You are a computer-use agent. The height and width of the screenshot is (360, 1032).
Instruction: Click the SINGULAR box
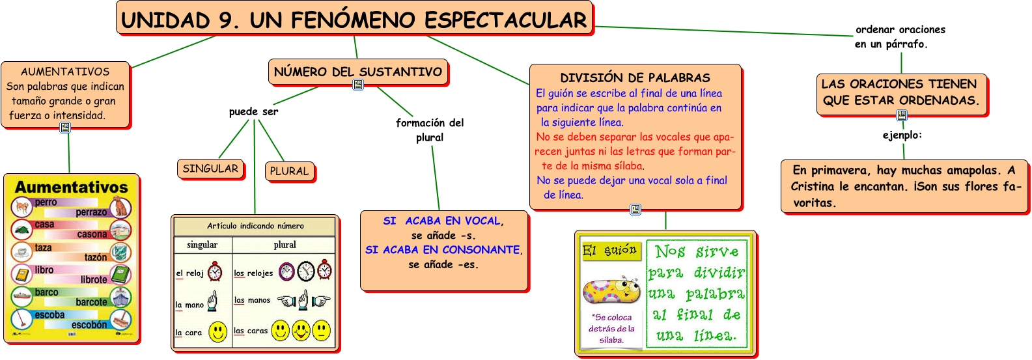(x=210, y=169)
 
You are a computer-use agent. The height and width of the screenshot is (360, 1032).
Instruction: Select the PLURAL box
(x=289, y=171)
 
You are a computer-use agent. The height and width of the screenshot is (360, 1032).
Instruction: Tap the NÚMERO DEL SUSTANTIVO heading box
(x=358, y=72)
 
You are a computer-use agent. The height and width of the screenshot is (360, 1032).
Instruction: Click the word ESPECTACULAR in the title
(x=505, y=20)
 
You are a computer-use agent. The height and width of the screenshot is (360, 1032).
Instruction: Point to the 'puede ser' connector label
(x=253, y=112)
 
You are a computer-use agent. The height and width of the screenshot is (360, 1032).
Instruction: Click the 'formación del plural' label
(x=430, y=130)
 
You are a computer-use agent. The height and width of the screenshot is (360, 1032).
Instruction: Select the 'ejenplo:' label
(x=902, y=135)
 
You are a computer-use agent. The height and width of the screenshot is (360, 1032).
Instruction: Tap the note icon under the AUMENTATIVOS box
(x=65, y=128)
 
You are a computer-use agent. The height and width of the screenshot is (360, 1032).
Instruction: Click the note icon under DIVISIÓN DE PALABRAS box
(x=635, y=210)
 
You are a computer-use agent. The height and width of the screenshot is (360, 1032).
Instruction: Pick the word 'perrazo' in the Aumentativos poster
(x=91, y=212)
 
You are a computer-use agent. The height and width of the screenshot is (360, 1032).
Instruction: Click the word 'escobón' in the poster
(x=89, y=325)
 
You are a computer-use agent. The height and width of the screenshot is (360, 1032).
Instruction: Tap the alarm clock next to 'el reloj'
(x=215, y=271)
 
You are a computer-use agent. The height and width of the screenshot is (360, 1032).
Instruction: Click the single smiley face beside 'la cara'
(x=218, y=332)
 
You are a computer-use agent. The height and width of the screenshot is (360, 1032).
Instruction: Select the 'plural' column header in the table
(x=285, y=245)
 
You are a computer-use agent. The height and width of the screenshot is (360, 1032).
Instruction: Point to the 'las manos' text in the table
(x=252, y=300)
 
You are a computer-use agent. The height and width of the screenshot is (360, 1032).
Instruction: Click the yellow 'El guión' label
(x=611, y=251)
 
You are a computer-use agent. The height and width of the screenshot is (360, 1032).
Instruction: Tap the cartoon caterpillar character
(x=611, y=290)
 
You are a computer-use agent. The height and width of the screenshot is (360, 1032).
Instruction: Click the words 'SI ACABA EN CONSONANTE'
(x=443, y=250)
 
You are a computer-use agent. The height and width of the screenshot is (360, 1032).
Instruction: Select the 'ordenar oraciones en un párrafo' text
(x=900, y=37)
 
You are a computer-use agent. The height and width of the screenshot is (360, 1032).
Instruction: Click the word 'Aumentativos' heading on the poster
(x=72, y=187)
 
